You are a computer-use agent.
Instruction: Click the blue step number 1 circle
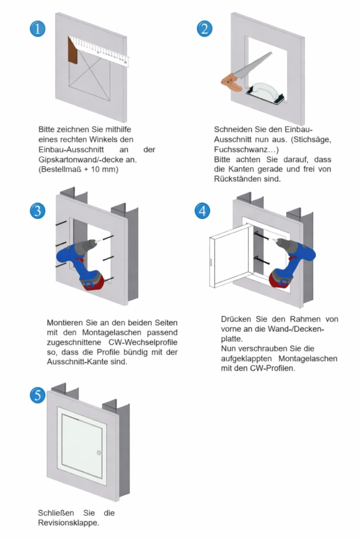click(37, 28)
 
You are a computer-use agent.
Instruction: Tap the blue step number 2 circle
click(205, 28)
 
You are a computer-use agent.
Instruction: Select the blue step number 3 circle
click(37, 211)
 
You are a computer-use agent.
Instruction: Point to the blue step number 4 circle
click(202, 211)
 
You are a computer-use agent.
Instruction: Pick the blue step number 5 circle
click(37, 396)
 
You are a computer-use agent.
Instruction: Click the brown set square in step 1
click(72, 51)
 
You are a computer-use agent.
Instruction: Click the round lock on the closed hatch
click(99, 452)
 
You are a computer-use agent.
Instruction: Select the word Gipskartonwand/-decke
click(74, 160)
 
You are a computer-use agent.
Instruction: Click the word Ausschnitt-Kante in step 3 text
click(78, 363)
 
